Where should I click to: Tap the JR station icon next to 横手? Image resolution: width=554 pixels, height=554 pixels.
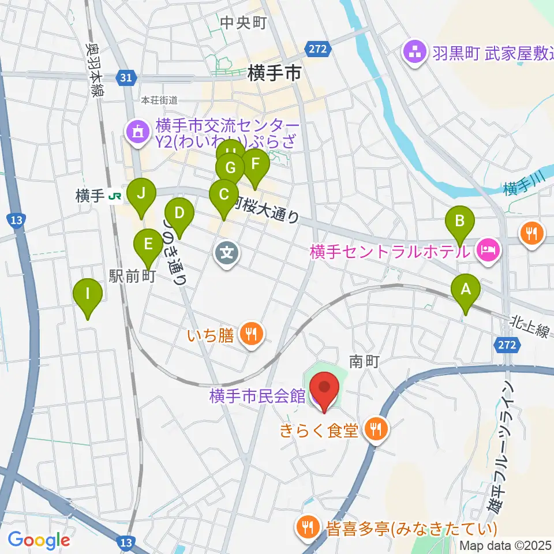115,197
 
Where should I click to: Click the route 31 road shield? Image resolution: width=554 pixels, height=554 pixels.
126,77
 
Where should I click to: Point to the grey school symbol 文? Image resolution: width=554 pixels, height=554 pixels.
227,252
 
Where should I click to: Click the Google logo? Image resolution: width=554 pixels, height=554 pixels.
39,540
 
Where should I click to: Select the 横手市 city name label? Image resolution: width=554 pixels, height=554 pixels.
272,73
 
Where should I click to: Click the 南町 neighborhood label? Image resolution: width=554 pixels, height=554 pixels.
364,362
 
